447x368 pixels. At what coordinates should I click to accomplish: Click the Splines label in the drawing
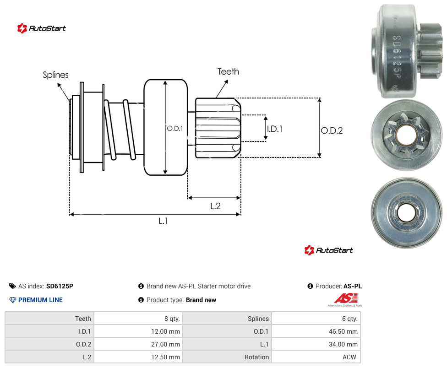click(x=55, y=75)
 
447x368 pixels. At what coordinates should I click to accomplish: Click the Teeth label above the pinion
click(x=228, y=71)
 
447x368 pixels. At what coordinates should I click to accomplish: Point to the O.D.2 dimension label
click(x=332, y=130)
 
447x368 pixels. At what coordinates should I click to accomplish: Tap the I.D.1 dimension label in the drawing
click(x=274, y=129)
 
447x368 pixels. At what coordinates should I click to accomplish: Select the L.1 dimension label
click(x=164, y=221)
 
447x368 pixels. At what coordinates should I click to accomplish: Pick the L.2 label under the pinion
click(x=215, y=206)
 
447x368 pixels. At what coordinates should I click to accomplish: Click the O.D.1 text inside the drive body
click(x=175, y=129)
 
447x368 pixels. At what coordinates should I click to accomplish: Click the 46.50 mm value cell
click(x=316, y=331)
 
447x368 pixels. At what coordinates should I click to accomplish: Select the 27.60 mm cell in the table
click(x=138, y=344)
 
